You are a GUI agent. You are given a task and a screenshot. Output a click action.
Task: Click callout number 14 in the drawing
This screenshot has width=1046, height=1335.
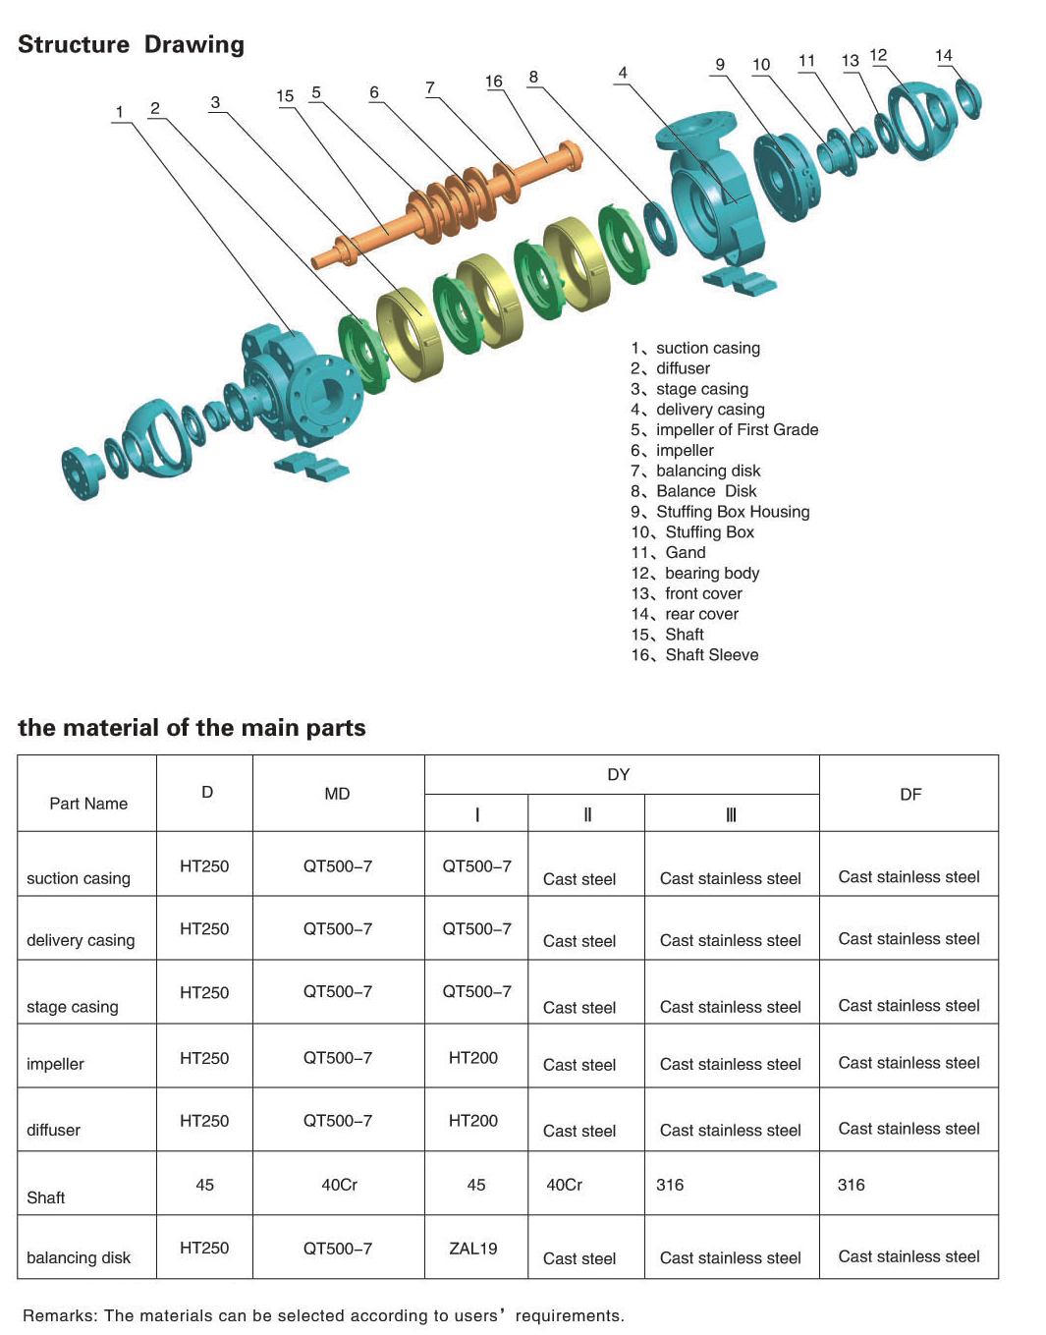pos(943,56)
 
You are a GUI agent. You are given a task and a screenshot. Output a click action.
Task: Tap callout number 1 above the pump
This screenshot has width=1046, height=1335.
pos(120,112)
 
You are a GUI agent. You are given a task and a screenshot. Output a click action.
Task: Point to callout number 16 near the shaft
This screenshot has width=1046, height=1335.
pos(493,82)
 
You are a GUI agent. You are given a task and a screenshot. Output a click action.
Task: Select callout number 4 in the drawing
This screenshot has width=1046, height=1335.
pos(623,73)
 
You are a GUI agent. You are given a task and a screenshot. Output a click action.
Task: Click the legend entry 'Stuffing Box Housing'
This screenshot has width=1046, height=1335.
pos(732,512)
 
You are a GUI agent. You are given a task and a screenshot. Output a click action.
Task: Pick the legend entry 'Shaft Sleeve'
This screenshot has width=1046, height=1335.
pos(711,655)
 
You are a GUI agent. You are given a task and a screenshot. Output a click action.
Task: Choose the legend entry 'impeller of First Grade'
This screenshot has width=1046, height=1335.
pos(737,430)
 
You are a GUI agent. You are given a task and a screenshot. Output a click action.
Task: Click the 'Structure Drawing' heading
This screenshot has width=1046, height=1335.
pos(131,45)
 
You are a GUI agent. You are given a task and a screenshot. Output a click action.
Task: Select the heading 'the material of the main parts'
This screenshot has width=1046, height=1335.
pos(192,728)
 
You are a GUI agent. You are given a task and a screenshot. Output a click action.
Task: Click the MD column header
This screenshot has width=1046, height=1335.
pos(337,794)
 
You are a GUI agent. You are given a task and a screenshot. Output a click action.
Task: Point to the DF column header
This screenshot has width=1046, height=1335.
pos(910,794)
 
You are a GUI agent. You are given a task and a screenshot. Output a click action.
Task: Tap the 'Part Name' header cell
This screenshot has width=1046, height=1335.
pos(88,804)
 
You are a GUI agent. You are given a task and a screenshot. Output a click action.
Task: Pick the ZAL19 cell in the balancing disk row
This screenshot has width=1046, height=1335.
pos(473,1249)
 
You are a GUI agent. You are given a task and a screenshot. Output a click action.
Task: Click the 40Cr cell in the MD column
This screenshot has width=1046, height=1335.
pos(340,1186)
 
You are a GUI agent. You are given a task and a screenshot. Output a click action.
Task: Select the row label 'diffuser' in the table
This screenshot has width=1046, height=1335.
pos(54,1131)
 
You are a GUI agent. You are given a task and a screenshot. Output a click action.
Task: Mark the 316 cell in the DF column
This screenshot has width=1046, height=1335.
pos(852,1186)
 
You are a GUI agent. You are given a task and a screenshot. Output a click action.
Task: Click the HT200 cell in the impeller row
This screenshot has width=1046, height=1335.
pos(473,1058)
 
